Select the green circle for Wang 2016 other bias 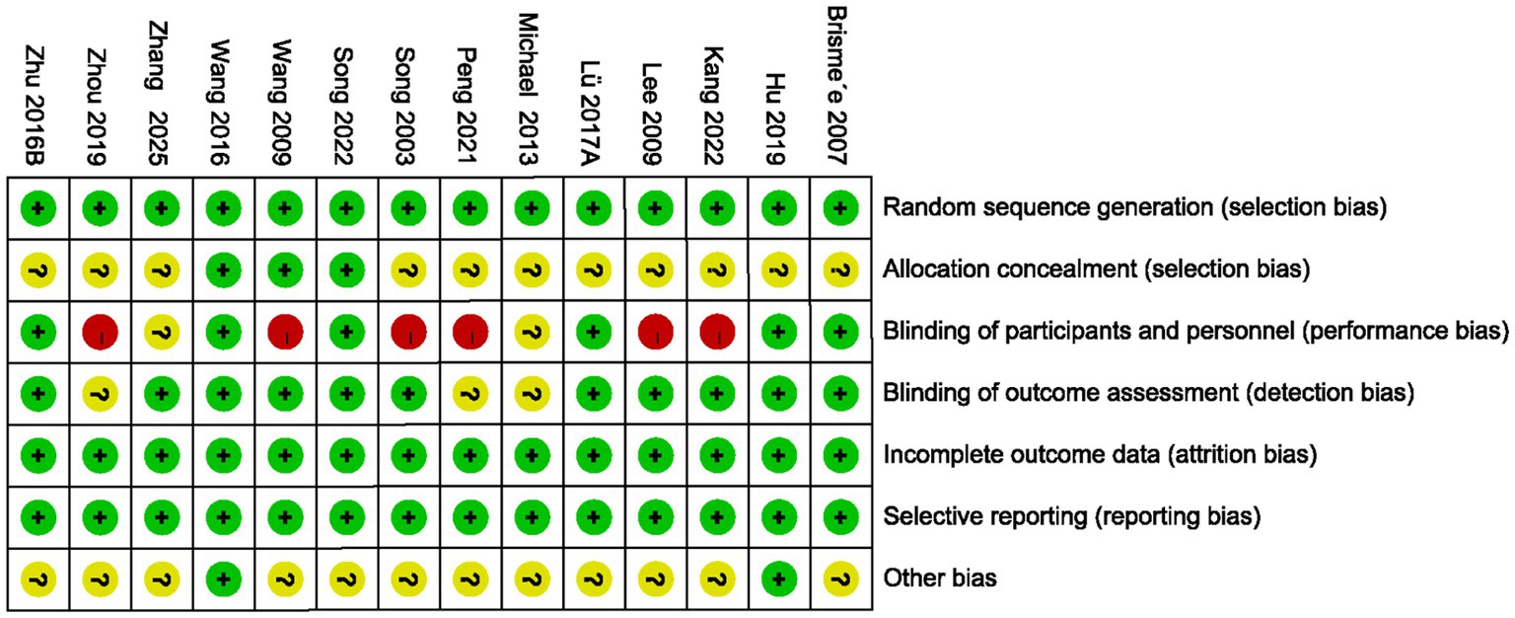point(223,579)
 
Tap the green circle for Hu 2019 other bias point(778,579)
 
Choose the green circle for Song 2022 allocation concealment point(346,270)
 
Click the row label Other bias point(940,579)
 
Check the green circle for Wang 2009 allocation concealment point(285,270)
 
